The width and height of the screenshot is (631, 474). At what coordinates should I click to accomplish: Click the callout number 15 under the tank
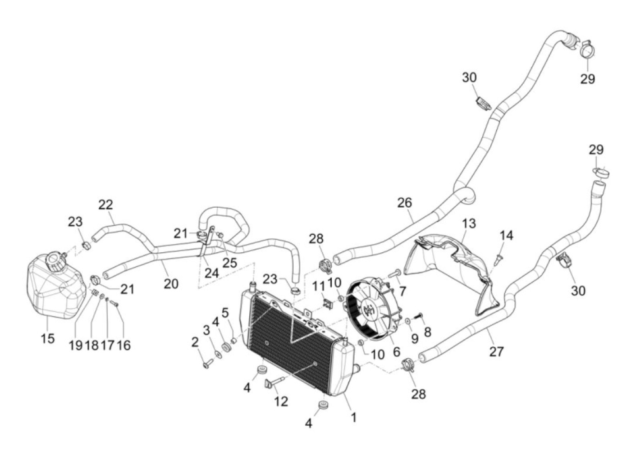[x=48, y=338]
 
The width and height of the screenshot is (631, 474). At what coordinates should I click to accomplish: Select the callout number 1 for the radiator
[x=353, y=417]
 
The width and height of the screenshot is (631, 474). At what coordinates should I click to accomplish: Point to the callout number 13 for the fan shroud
[x=469, y=223]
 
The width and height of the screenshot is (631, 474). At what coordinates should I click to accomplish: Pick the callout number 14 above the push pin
[x=506, y=236]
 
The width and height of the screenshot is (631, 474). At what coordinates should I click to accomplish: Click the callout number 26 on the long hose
[x=404, y=203]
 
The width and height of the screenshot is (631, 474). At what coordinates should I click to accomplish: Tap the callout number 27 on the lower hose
[x=496, y=351]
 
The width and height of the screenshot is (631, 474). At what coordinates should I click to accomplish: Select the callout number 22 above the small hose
[x=105, y=205]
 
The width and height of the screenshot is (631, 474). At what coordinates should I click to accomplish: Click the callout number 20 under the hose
[x=171, y=284]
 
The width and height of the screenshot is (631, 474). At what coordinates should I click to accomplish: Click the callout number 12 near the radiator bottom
[x=281, y=401]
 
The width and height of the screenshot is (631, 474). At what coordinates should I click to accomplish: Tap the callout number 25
[x=229, y=262]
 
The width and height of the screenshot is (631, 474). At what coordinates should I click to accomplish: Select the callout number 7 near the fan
[x=402, y=291]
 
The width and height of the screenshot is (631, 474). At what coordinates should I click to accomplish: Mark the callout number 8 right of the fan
[x=427, y=332]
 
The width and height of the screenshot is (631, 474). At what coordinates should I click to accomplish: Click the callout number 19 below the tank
[x=75, y=345]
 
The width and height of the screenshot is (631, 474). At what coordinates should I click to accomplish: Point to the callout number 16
[x=123, y=345]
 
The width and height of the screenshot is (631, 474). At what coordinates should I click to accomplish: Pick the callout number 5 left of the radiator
[x=225, y=312]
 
